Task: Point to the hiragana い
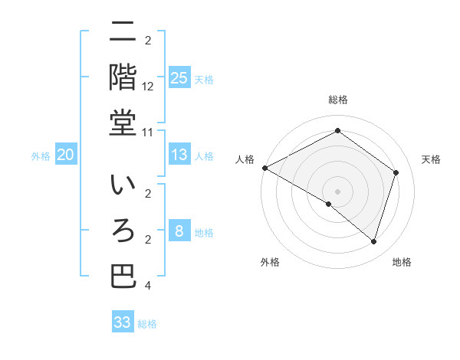[123, 186]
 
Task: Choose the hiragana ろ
[123, 231]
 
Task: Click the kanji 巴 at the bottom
[123, 277]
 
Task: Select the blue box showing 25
[179, 78]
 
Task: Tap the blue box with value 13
[179, 155]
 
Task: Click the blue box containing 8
[179, 231]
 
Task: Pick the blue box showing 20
[65, 155]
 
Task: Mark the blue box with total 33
[123, 322]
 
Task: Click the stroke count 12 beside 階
[148, 87]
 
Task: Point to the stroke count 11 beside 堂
[148, 132]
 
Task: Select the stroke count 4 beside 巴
[148, 285]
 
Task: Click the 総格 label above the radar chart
[337, 100]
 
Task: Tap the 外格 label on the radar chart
[270, 263]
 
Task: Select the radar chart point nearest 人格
[264, 168]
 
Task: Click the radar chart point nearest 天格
[396, 172]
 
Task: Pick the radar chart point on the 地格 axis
[373, 241]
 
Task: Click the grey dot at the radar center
[337, 191]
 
